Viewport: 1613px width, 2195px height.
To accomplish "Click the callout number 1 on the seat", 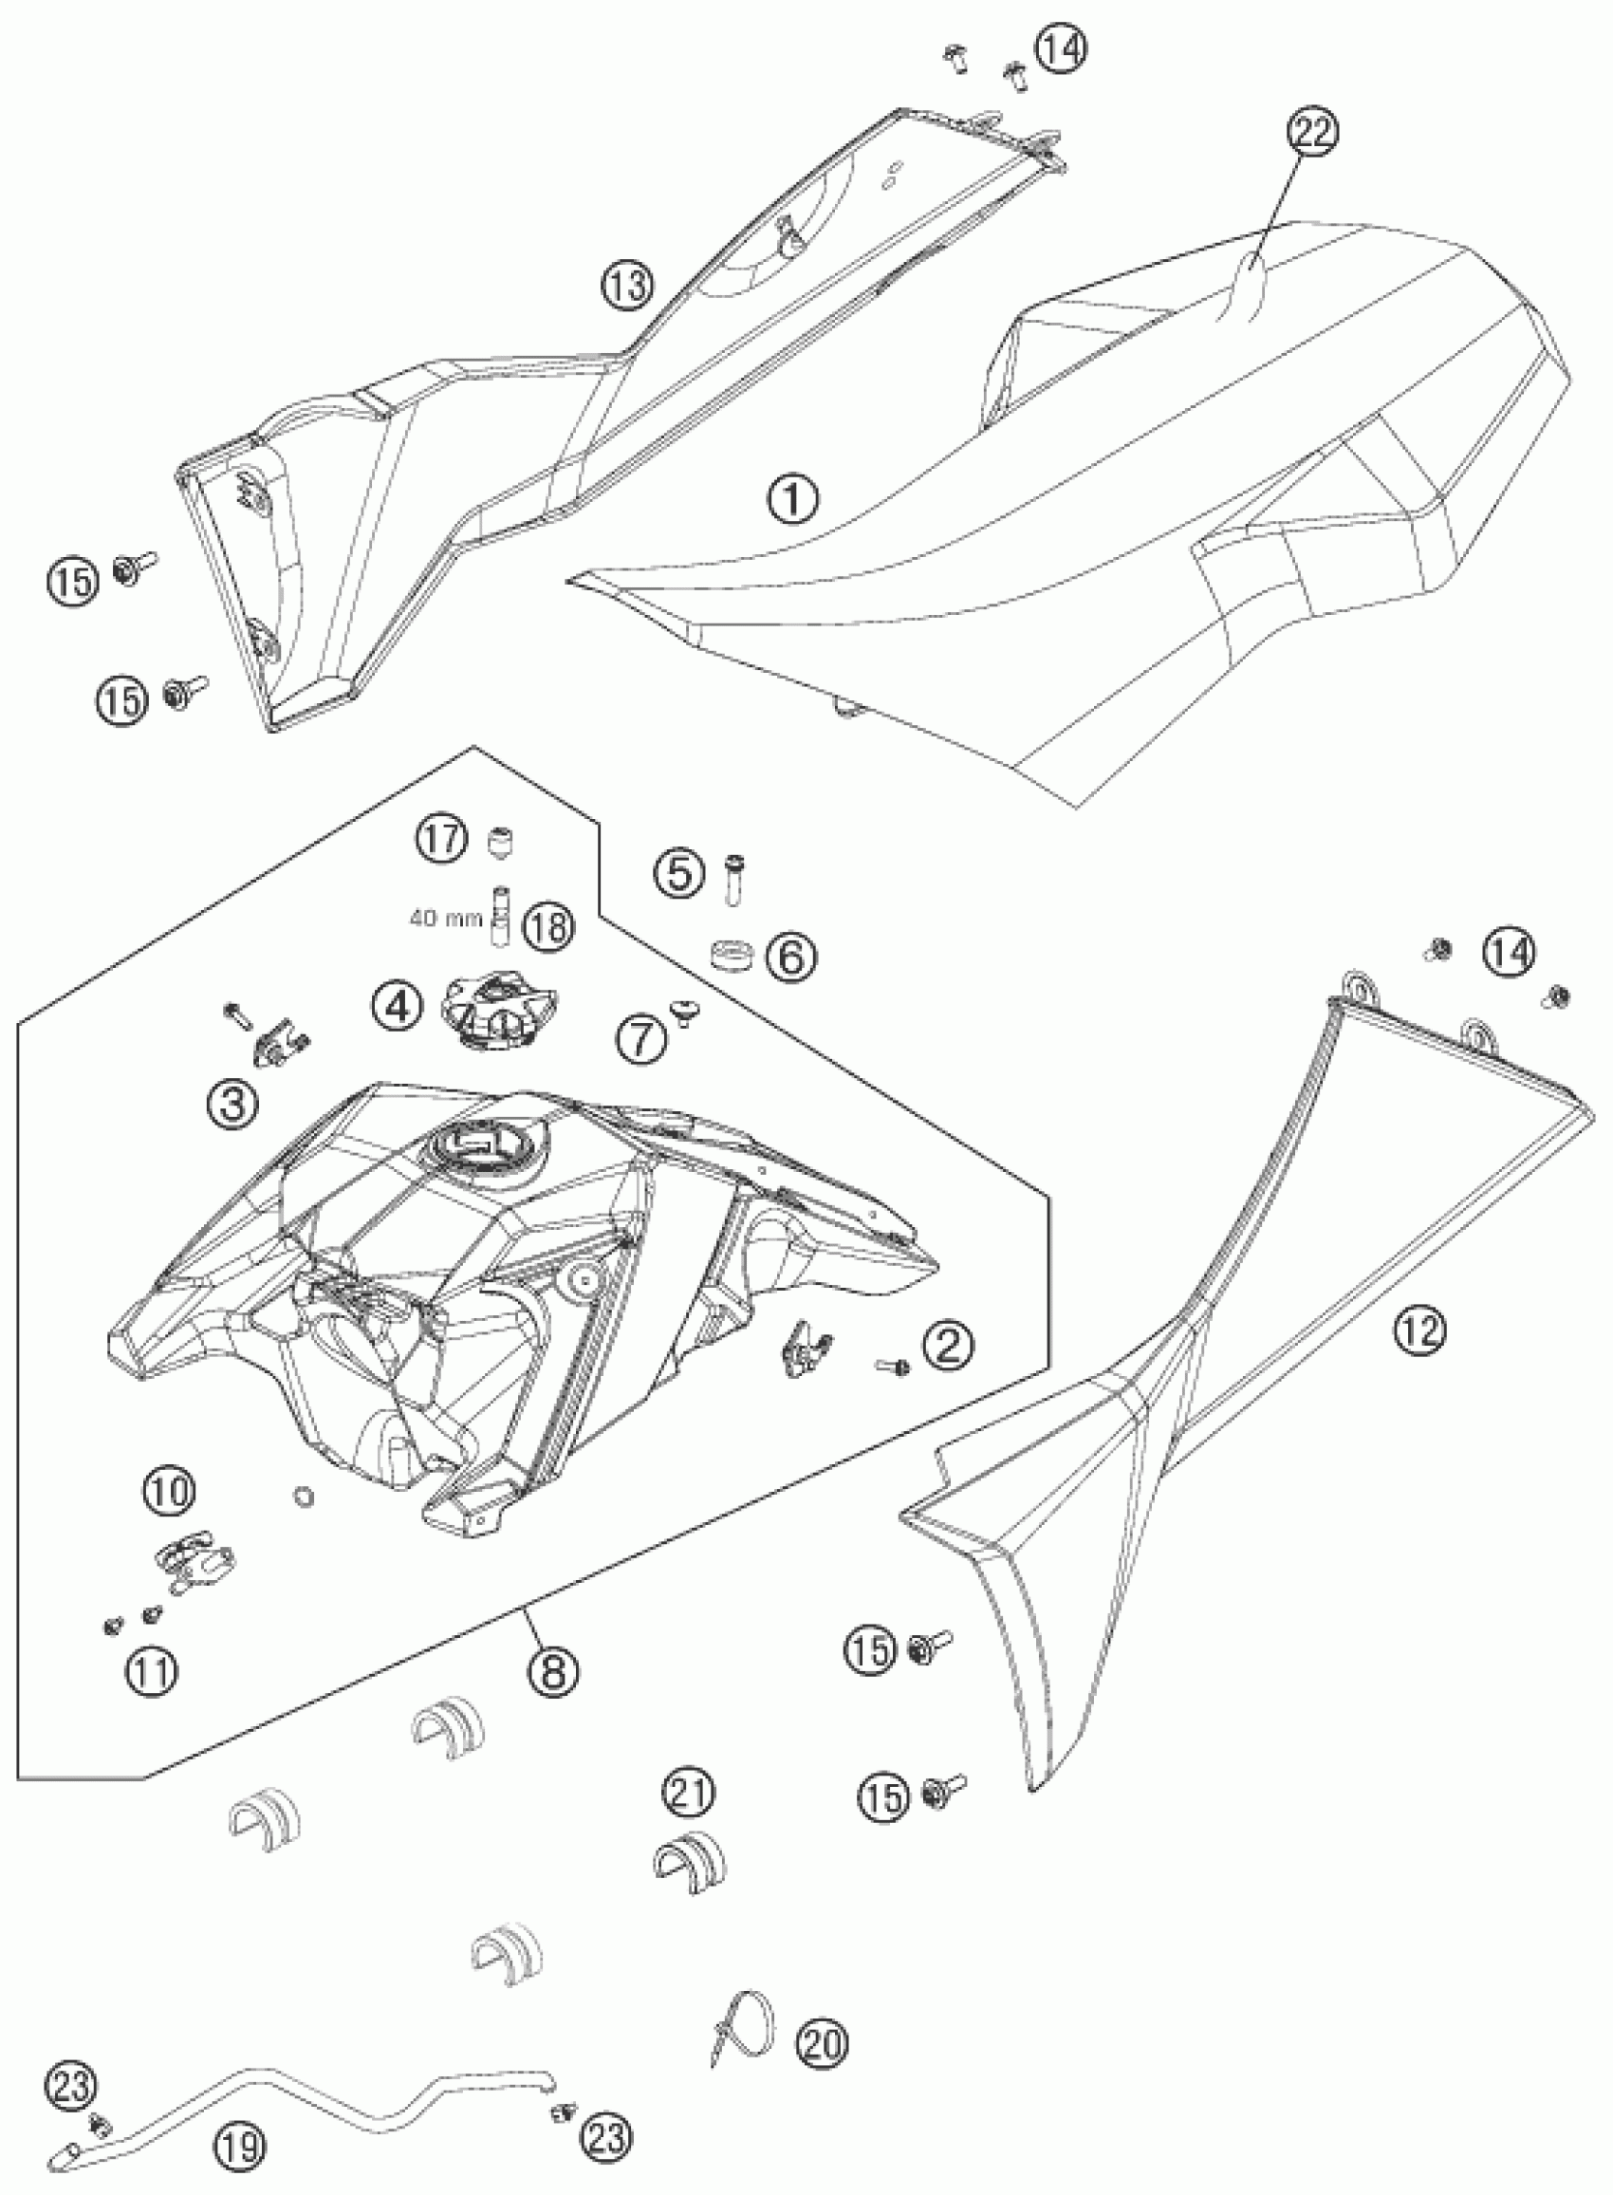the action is point(793,500).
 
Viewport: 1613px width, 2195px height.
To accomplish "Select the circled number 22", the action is point(1313,133).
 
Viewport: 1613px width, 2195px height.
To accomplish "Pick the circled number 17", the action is point(441,838).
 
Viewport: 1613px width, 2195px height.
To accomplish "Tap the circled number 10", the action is point(170,1491).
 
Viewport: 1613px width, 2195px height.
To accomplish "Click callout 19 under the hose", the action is point(238,2143).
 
